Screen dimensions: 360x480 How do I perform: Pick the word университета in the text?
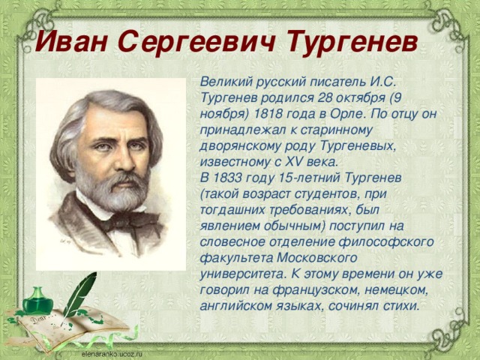[244, 272]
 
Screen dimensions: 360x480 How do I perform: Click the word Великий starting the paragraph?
[223, 83]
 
